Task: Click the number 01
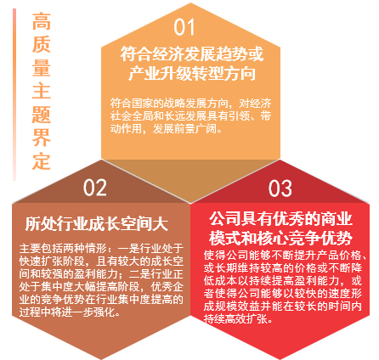[184, 27]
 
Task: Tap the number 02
[94, 188]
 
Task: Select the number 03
[280, 188]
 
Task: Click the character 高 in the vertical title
[42, 21]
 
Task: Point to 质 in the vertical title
[42, 44]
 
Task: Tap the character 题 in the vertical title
[42, 115]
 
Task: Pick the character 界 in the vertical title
[42, 138]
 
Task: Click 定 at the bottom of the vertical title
[42, 161]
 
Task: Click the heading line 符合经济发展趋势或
[192, 53]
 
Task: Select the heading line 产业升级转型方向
[192, 73]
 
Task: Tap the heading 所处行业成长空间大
[97, 224]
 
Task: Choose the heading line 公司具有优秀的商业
[280, 219]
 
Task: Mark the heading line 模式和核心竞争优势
[280, 239]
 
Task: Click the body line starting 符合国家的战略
[190, 104]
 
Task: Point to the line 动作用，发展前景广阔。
[166, 129]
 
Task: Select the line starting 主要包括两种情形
[101, 249]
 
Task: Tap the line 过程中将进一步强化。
[70, 312]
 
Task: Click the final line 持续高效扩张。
[238, 318]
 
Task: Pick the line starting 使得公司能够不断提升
[286, 255]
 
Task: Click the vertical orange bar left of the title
[14, 94]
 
